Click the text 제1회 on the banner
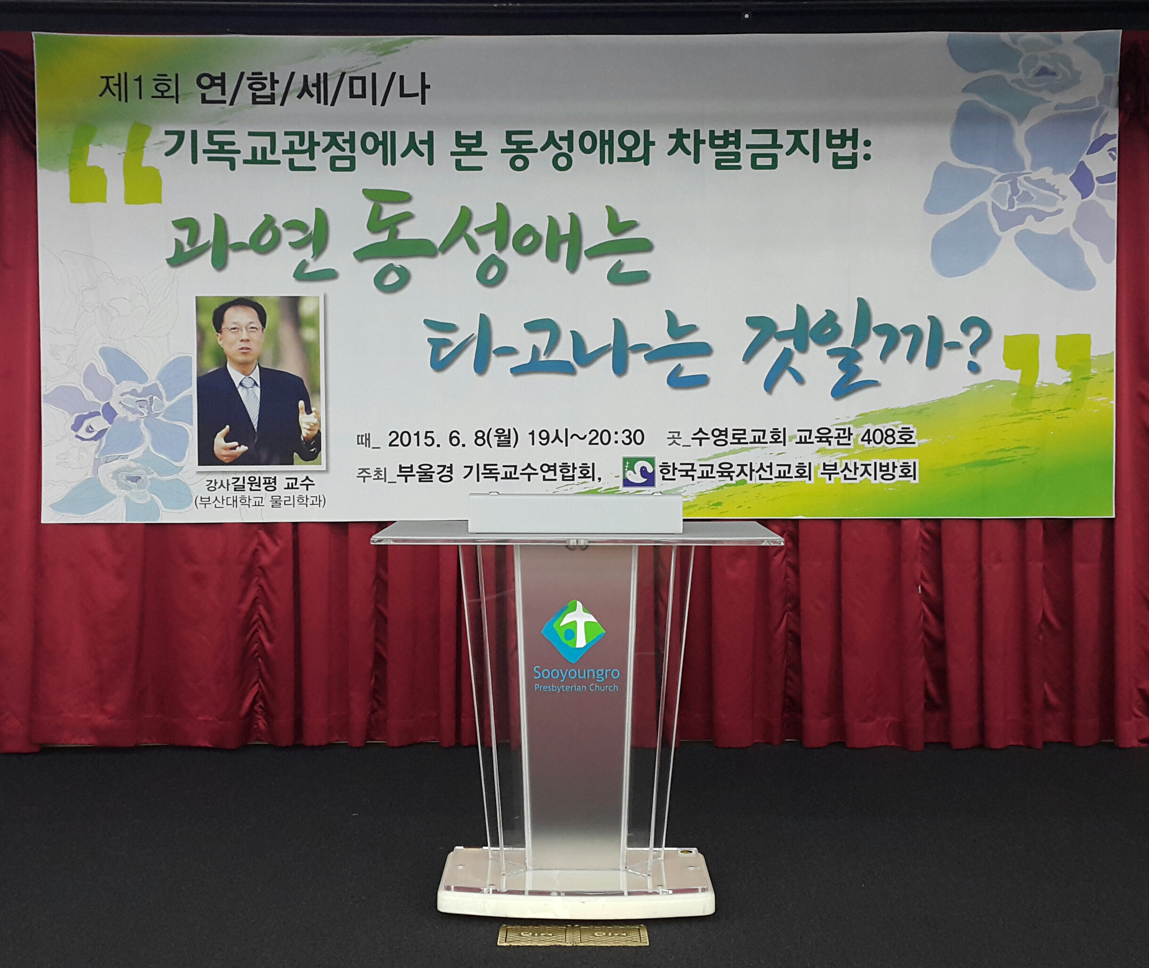[138, 91]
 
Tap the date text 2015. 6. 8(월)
[453, 437]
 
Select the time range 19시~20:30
[585, 437]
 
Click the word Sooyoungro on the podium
[576, 673]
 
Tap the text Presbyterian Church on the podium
[576, 688]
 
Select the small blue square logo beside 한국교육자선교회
[639, 472]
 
